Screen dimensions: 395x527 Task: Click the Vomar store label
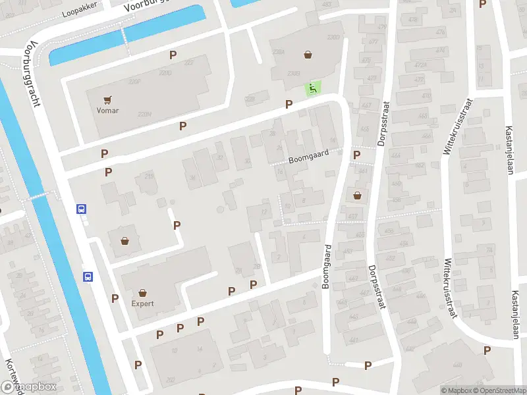(x=107, y=111)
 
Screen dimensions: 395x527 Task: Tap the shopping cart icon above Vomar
(x=107, y=99)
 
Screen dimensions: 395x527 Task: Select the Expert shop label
(x=142, y=303)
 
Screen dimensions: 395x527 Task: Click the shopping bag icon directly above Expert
(x=142, y=293)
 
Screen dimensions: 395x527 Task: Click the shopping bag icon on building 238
(x=308, y=55)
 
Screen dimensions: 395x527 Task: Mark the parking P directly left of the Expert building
(x=115, y=298)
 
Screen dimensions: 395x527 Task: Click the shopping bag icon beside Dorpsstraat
(x=357, y=195)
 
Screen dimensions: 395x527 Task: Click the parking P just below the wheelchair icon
(x=289, y=104)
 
